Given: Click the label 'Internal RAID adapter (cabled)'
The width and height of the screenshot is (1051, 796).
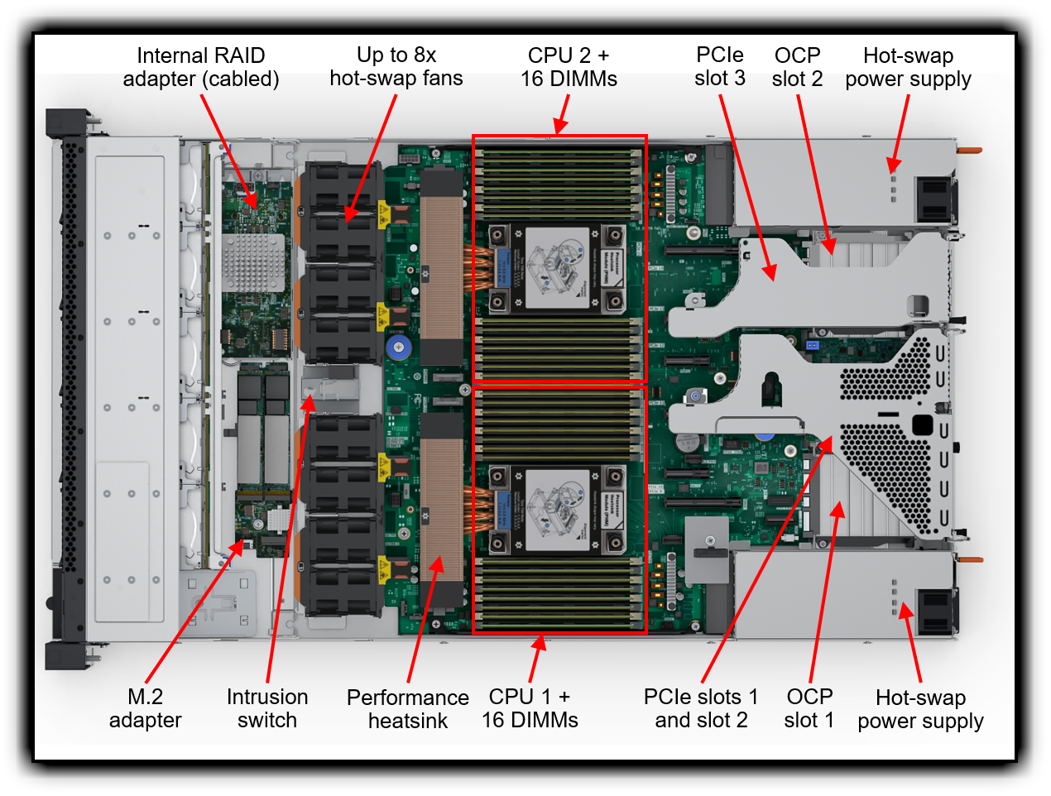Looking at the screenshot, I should (201, 67).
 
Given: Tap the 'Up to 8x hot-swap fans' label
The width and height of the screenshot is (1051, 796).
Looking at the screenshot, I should (396, 66).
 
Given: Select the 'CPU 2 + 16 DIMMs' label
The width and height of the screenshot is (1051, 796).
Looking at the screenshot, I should (569, 67).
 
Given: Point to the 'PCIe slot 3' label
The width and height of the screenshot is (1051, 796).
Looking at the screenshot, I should (719, 66).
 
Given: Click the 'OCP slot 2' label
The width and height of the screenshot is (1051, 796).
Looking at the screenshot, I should (797, 67).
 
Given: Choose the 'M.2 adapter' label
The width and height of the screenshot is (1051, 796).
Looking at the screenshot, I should (145, 708).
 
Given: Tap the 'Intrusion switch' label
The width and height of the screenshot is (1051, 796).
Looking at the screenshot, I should (266, 708).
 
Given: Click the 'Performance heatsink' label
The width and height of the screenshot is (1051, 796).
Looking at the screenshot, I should (407, 709).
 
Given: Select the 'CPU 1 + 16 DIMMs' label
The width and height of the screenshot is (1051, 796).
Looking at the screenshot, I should (530, 708).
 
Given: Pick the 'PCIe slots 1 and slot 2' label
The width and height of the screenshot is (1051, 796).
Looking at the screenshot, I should (701, 708).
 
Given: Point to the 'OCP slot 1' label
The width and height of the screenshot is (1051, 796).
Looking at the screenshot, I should (809, 708).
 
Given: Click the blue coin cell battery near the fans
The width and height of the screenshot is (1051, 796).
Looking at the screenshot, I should (398, 347).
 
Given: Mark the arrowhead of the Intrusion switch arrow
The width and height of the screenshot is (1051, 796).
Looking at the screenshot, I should (309, 404).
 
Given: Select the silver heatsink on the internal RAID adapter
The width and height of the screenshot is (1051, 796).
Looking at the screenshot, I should (252, 262).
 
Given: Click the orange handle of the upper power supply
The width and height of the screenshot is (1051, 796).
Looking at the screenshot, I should (969, 151).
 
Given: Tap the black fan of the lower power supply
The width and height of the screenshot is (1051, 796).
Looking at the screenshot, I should (934, 611).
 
